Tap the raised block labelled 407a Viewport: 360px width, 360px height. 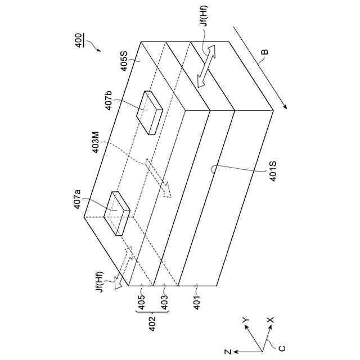(118, 213)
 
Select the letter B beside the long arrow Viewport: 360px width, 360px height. (264, 53)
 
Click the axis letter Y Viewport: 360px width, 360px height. (246, 320)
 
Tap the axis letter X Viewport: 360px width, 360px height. (269, 320)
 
